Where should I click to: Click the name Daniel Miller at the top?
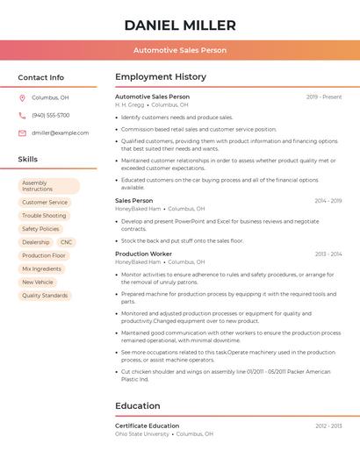click(180, 25)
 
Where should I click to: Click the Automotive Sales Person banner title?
click(180, 50)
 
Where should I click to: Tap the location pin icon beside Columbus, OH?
click(22, 97)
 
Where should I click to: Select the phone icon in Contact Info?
click(22, 115)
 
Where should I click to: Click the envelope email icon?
click(22, 132)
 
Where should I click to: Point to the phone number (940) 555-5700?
click(51, 115)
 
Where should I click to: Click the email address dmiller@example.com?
click(61, 132)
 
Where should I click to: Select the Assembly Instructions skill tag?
click(48, 186)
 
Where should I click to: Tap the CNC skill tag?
click(67, 241)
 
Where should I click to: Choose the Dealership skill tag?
click(36, 241)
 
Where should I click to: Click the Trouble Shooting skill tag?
click(44, 215)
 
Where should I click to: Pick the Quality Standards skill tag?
click(45, 296)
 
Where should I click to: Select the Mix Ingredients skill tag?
click(42, 268)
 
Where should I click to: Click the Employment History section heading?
click(161, 77)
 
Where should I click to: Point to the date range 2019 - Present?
click(324, 97)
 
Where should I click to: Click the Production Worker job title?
click(143, 254)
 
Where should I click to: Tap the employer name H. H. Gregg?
click(130, 104)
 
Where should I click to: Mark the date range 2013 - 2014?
click(328, 254)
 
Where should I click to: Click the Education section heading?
click(138, 406)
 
